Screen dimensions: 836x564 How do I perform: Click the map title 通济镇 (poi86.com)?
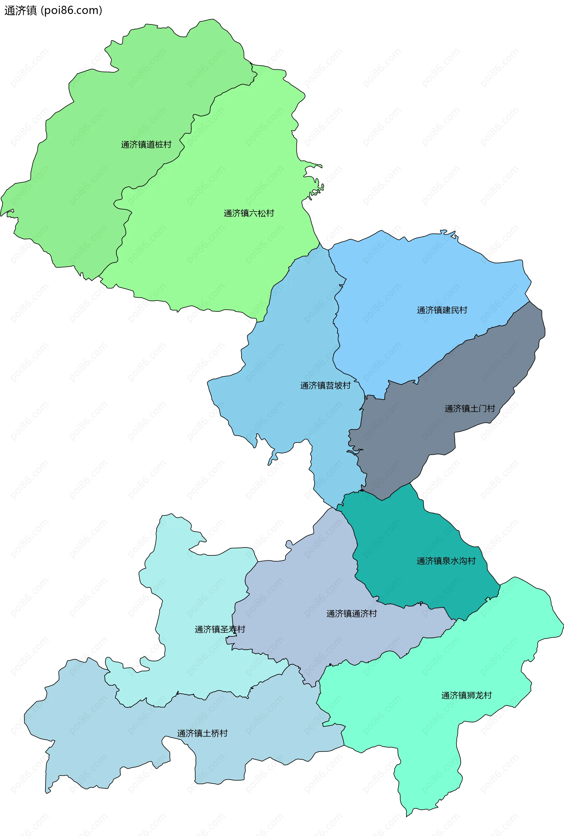(x=53, y=10)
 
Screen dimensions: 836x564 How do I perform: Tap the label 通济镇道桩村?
(x=146, y=145)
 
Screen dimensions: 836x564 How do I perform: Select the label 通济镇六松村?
(x=249, y=213)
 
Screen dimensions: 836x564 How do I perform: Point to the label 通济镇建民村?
(x=442, y=310)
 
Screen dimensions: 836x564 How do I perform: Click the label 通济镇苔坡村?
(x=325, y=386)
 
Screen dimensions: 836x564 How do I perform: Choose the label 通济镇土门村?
(x=469, y=409)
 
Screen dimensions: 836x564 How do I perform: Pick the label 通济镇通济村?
(x=351, y=614)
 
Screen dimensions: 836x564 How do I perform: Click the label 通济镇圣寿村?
(x=220, y=629)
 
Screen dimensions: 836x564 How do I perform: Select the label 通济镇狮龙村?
(x=466, y=695)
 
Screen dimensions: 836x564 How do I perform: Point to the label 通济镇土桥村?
(x=202, y=733)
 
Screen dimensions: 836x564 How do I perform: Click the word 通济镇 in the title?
(x=21, y=10)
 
